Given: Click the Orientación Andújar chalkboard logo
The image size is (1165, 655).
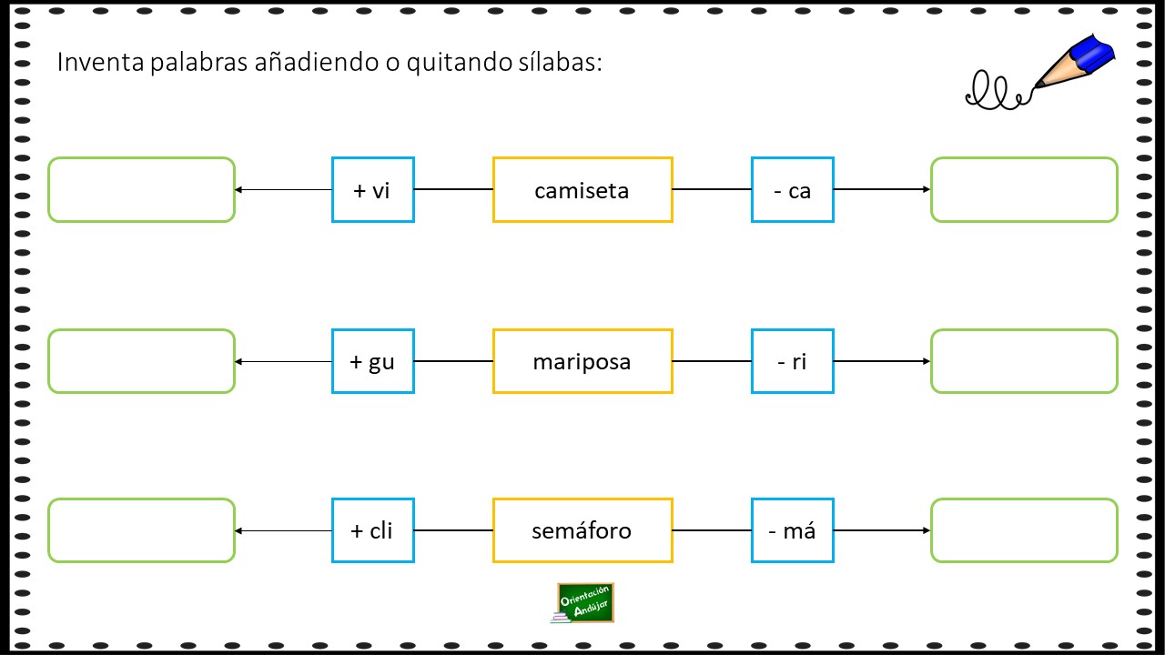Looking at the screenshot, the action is tap(583, 603).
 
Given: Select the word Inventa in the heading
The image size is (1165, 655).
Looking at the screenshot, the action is tap(100, 62).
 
